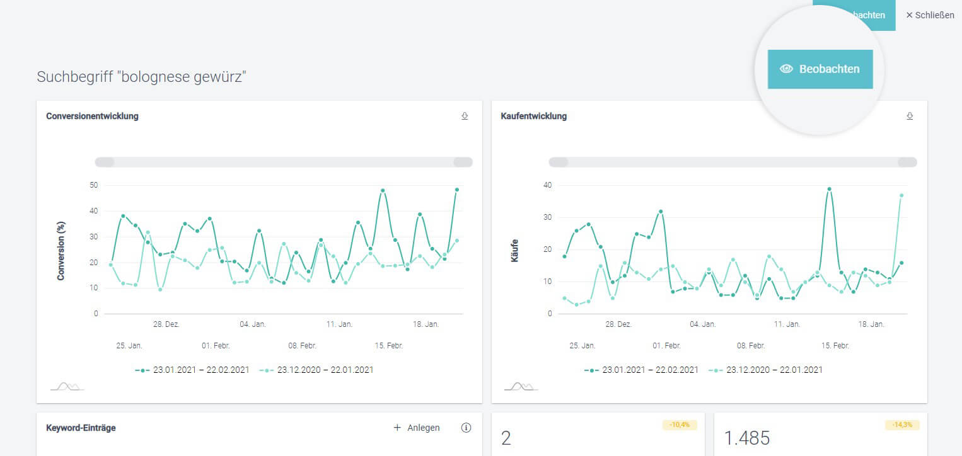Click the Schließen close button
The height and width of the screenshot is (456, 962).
pyautogui.click(x=930, y=15)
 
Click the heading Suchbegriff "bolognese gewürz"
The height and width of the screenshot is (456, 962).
pyautogui.click(x=141, y=77)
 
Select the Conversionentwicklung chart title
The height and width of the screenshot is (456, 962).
pyautogui.click(x=92, y=116)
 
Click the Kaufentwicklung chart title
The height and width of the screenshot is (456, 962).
pyautogui.click(x=533, y=116)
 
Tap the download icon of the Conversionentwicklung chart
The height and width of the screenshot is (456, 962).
pyautogui.click(x=465, y=116)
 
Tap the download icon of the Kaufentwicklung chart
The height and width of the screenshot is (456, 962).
pyautogui.click(x=910, y=116)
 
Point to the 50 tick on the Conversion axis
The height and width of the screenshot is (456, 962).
pyautogui.click(x=94, y=185)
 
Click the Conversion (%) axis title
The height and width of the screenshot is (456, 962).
pyautogui.click(x=61, y=250)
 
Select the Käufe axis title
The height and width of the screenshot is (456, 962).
pyautogui.click(x=515, y=250)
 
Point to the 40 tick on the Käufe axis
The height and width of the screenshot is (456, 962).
pyautogui.click(x=548, y=185)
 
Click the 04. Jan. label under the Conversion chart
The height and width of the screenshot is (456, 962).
pyautogui.click(x=253, y=324)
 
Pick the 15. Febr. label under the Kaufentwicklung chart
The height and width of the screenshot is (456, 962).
pyautogui.click(x=835, y=346)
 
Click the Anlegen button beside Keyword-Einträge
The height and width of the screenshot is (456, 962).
pyautogui.click(x=417, y=428)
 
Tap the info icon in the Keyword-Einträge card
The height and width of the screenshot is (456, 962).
pyautogui.click(x=467, y=428)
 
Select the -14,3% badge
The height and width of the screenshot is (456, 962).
pyautogui.click(x=902, y=425)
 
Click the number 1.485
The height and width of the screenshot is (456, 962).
pyautogui.click(x=747, y=438)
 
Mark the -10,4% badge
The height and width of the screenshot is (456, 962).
pyautogui.click(x=680, y=425)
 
